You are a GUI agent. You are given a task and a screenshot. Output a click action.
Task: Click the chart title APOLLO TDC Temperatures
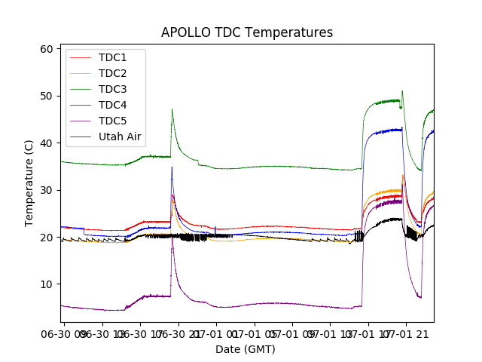pyautogui.click(x=247, y=32)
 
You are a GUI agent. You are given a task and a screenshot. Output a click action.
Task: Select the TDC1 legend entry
pyautogui.click(x=112, y=57)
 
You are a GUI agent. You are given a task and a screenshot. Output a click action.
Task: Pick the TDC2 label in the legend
pyautogui.click(x=112, y=73)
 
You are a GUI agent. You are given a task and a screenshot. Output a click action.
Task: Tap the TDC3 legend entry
pyautogui.click(x=112, y=89)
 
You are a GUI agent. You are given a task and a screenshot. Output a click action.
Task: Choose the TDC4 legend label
pyautogui.click(x=112, y=105)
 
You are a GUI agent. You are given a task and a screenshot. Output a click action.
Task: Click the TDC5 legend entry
pyautogui.click(x=112, y=121)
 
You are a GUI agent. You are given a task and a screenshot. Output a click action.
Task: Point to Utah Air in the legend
pyautogui.click(x=120, y=137)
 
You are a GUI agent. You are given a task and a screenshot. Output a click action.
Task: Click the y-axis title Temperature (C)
pyautogui.click(x=29, y=183)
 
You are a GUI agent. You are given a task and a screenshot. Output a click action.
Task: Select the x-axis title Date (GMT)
pyautogui.click(x=246, y=349)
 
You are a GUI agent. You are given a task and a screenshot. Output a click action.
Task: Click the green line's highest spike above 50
pyautogui.click(x=402, y=91)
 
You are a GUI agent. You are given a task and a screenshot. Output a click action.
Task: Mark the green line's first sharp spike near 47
pyautogui.click(x=172, y=109)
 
